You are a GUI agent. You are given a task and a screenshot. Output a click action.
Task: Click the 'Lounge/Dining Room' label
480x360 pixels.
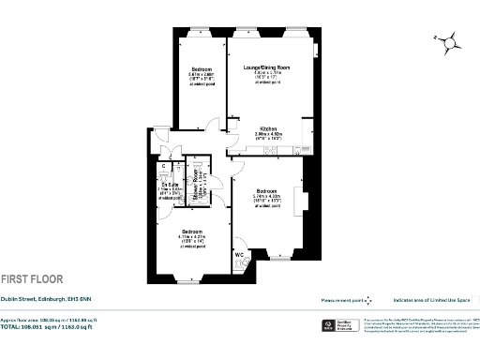pyautogui.click(x=267, y=67)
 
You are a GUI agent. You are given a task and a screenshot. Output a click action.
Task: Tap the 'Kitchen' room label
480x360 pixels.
pyautogui.click(x=267, y=127)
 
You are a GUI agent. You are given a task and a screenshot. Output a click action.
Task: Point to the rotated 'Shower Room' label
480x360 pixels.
pyautogui.click(x=195, y=187)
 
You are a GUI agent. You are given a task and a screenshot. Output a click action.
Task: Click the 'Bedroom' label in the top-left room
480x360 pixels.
pyautogui.click(x=202, y=69)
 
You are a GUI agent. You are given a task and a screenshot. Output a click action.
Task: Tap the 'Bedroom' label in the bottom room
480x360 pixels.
pyautogui.click(x=191, y=232)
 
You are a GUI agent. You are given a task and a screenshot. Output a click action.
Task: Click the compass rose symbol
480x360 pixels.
pyautogui.click(x=450, y=41)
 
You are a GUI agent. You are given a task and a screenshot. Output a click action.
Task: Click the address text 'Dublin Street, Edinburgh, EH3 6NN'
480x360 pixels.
pyautogui.click(x=45, y=300)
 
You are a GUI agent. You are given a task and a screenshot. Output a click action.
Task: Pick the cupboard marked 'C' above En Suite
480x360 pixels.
pyautogui.click(x=163, y=167)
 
